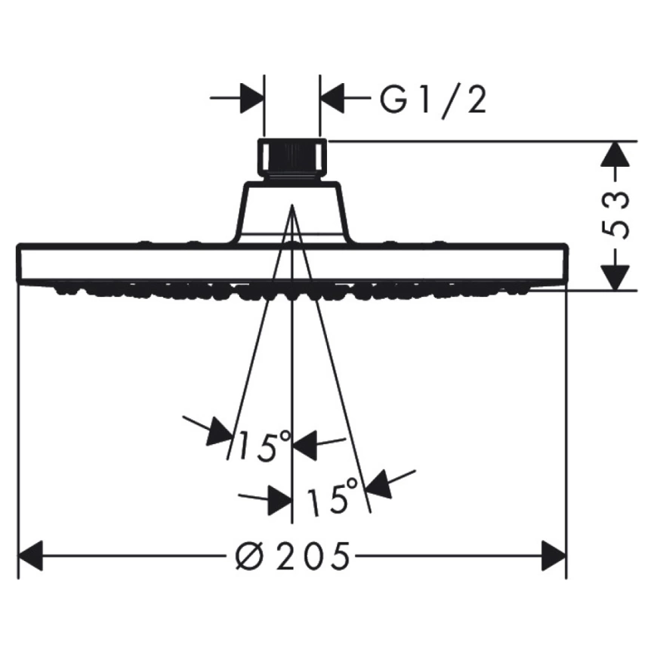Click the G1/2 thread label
[433, 101]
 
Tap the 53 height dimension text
[616, 215]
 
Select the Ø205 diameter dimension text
[292, 557]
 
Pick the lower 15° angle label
[332, 495]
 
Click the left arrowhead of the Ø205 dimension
[31, 556]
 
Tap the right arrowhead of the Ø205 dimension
[554, 556]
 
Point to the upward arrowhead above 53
[616, 155]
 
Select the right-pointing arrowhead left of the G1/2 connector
[253, 98]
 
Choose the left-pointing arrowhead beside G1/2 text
[332, 98]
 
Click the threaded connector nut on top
[292, 159]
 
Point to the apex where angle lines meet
[292, 205]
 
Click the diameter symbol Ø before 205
[250, 557]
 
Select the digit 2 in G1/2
[477, 101]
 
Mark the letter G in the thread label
[393, 100]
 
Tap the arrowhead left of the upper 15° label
[220, 431]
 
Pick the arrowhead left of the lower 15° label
[279, 500]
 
